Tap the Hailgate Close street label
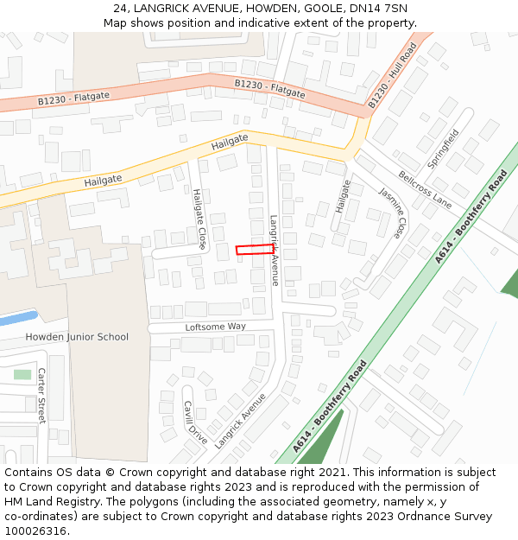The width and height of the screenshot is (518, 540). [x=199, y=219]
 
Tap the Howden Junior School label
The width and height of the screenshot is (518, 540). [x=77, y=337]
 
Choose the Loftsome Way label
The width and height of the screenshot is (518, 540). [x=216, y=327]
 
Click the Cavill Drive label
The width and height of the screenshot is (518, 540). [x=195, y=422]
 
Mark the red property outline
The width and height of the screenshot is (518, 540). [x=255, y=250]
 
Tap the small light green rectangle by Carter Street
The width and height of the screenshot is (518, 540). [x=22, y=374]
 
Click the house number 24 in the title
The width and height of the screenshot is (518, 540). [x=120, y=8]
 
